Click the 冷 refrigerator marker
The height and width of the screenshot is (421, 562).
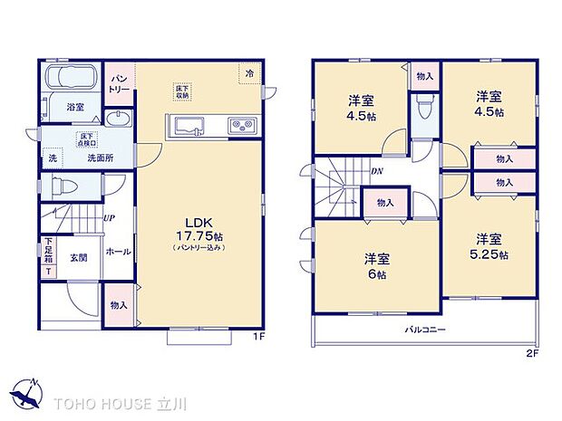(250, 73)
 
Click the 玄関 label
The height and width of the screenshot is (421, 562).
(78, 257)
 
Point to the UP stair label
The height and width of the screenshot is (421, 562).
(108, 218)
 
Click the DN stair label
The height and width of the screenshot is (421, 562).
(374, 170)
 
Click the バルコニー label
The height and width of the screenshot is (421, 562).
(424, 330)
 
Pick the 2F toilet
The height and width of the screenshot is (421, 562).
(421, 113)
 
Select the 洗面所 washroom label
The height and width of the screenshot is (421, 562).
(100, 158)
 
